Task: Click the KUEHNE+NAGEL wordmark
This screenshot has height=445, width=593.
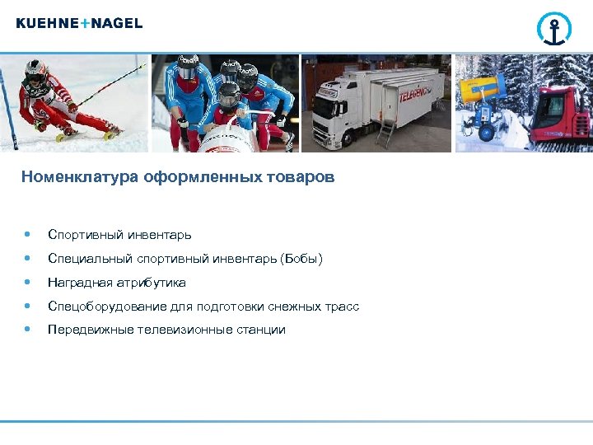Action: click(x=79, y=24)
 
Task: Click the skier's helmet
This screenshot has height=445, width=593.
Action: click(x=35, y=73)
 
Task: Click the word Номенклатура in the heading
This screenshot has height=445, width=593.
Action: click(x=81, y=176)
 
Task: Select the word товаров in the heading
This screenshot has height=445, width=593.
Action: click(x=301, y=176)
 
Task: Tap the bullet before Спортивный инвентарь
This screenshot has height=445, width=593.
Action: click(x=29, y=236)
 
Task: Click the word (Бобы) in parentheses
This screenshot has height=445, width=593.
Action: click(x=301, y=260)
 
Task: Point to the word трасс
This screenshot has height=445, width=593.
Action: click(x=342, y=307)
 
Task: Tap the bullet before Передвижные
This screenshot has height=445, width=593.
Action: click(x=29, y=330)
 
